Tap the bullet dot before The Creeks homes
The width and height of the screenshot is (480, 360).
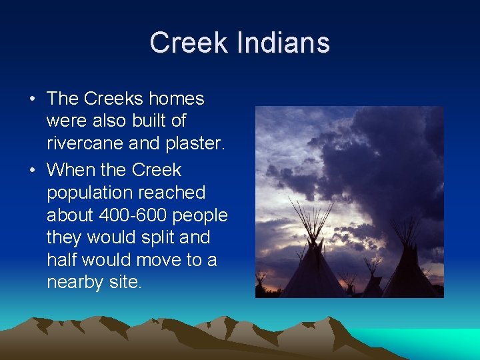32,99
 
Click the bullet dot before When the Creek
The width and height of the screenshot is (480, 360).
32,171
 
